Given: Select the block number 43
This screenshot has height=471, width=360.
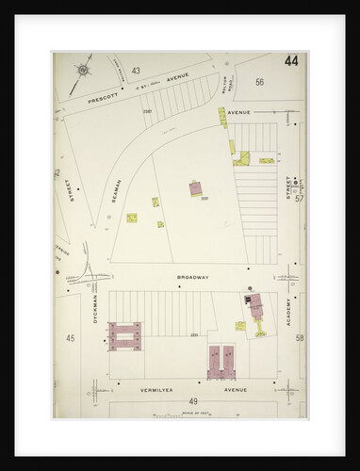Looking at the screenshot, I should click(x=136, y=71).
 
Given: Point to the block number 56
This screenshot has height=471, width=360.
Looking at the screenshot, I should click(x=258, y=82).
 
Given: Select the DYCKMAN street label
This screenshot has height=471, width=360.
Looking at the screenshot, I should click(x=96, y=315).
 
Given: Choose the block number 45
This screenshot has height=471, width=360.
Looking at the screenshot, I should click(x=70, y=337).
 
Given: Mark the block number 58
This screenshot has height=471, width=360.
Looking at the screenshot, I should click(x=299, y=337).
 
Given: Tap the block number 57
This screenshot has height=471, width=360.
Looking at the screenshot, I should click(x=299, y=199).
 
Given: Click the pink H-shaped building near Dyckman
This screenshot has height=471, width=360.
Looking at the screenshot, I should click(x=124, y=334).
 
